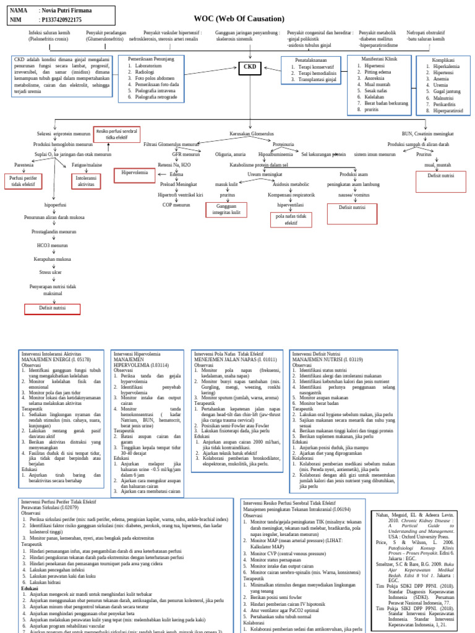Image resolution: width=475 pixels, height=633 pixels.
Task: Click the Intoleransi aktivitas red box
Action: (x=86, y=181)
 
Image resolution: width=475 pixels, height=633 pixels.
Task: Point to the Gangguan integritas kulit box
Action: (x=227, y=210)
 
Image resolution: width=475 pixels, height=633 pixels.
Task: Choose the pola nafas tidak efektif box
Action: (x=291, y=219)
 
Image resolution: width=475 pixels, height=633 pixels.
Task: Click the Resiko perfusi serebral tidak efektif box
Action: (x=115, y=134)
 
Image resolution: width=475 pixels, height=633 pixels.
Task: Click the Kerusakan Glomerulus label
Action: (x=251, y=134)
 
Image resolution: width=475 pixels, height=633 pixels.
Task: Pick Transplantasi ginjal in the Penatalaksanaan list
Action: (x=317, y=80)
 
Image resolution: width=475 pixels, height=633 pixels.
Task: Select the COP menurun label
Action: (x=176, y=204)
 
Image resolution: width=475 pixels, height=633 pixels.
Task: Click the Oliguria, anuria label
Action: (x=230, y=154)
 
